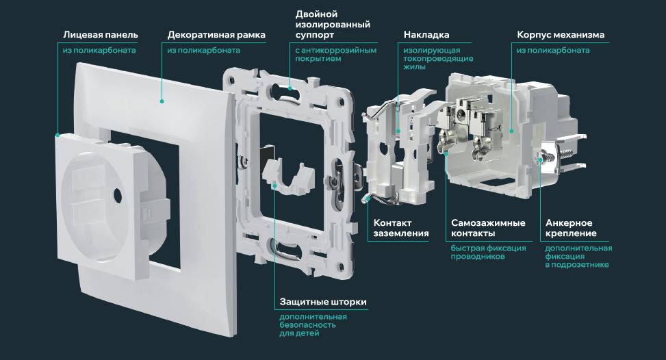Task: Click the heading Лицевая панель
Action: [100, 34]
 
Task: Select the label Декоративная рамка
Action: [216, 34]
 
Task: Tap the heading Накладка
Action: [426, 34]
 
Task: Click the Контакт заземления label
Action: [401, 228]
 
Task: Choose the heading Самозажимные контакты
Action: [488, 228]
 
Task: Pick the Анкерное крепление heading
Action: [569, 228]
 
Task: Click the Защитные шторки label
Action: [322, 302]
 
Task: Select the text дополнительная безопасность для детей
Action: [313, 325]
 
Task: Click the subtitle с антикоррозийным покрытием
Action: [335, 55]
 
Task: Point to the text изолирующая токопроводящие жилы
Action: [432, 59]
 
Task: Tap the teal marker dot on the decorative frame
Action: [162, 101]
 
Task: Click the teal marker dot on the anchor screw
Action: [541, 159]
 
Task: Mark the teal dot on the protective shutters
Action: [274, 184]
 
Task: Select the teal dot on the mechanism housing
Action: [511, 131]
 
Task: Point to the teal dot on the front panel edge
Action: [57, 134]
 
